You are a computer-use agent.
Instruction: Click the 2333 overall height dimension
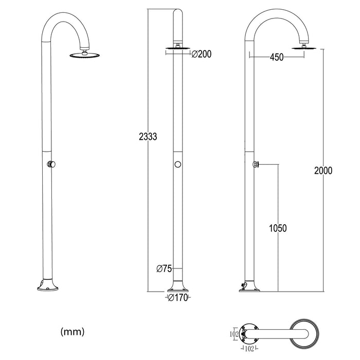147,137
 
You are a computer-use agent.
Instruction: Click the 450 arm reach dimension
276,58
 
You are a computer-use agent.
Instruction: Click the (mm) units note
72,331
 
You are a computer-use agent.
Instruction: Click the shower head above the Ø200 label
177,49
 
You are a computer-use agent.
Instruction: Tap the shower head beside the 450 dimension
305,48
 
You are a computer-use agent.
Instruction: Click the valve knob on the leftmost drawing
51,165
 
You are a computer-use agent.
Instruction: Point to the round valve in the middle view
177,165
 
